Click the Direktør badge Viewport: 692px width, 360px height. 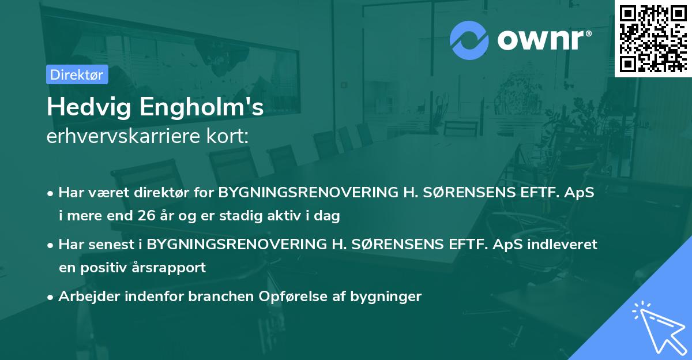[77, 74]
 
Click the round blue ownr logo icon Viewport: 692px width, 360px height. [469, 40]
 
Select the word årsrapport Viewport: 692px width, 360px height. [176, 268]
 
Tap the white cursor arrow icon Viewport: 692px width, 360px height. [657, 326]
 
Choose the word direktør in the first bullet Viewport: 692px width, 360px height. [158, 193]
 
